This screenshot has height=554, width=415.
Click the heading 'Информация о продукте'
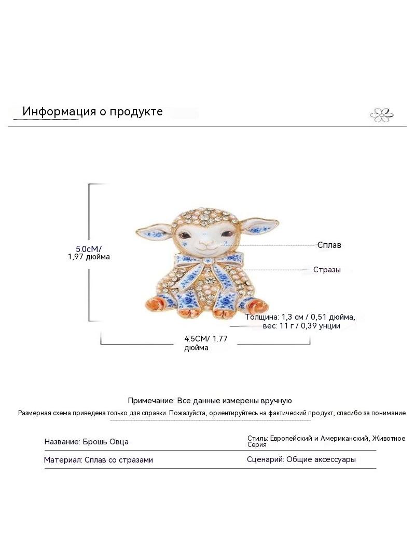coord(92,111)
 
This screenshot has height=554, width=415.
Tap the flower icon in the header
coord(381,114)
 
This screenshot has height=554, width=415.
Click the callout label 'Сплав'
coord(329,245)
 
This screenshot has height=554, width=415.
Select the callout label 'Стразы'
coord(327,270)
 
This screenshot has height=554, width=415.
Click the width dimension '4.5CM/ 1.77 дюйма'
coord(206,343)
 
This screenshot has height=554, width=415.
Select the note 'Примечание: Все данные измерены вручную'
coord(210,401)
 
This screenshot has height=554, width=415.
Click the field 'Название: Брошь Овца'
coord(87,442)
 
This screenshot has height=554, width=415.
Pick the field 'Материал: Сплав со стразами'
coord(99,460)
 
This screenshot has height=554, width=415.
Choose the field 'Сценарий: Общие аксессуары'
coord(301,459)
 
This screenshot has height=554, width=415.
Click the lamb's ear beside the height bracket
coord(154,230)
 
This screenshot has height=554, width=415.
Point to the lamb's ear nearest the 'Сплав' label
coord(260,227)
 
